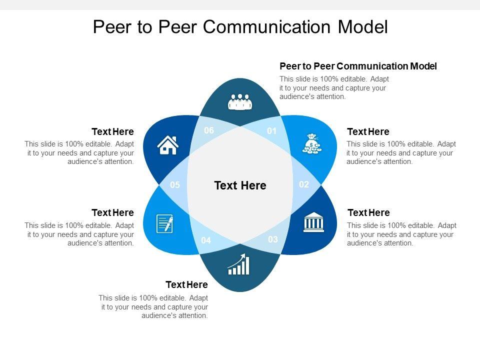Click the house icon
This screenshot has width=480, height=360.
pos(168,145)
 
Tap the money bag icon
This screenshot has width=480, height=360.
pos(312,144)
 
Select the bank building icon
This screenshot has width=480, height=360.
pos(313,222)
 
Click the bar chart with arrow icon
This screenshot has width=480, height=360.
pos(238,264)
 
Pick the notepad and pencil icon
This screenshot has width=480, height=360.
pos(165,223)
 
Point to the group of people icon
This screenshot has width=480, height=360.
pos(240,101)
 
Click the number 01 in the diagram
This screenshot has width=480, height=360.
pos(271,131)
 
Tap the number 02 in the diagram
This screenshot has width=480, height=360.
pos(304,184)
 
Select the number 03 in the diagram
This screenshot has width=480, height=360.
pos(272,239)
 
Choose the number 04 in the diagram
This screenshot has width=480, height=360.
pos(206,240)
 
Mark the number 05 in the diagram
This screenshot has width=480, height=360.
pos(174,185)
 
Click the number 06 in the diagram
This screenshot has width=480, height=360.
pos(209,130)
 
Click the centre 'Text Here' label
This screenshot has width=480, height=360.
pos(240,185)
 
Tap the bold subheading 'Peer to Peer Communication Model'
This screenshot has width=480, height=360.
pos(358,66)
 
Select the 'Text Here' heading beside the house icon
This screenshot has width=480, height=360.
pos(112,132)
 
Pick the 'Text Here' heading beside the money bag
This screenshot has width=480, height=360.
pos(368,132)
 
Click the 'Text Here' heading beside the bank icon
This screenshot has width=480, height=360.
pos(368,213)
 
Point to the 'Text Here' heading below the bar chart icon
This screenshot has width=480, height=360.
pos(186,285)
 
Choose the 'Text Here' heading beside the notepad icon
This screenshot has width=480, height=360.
pos(112,213)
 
